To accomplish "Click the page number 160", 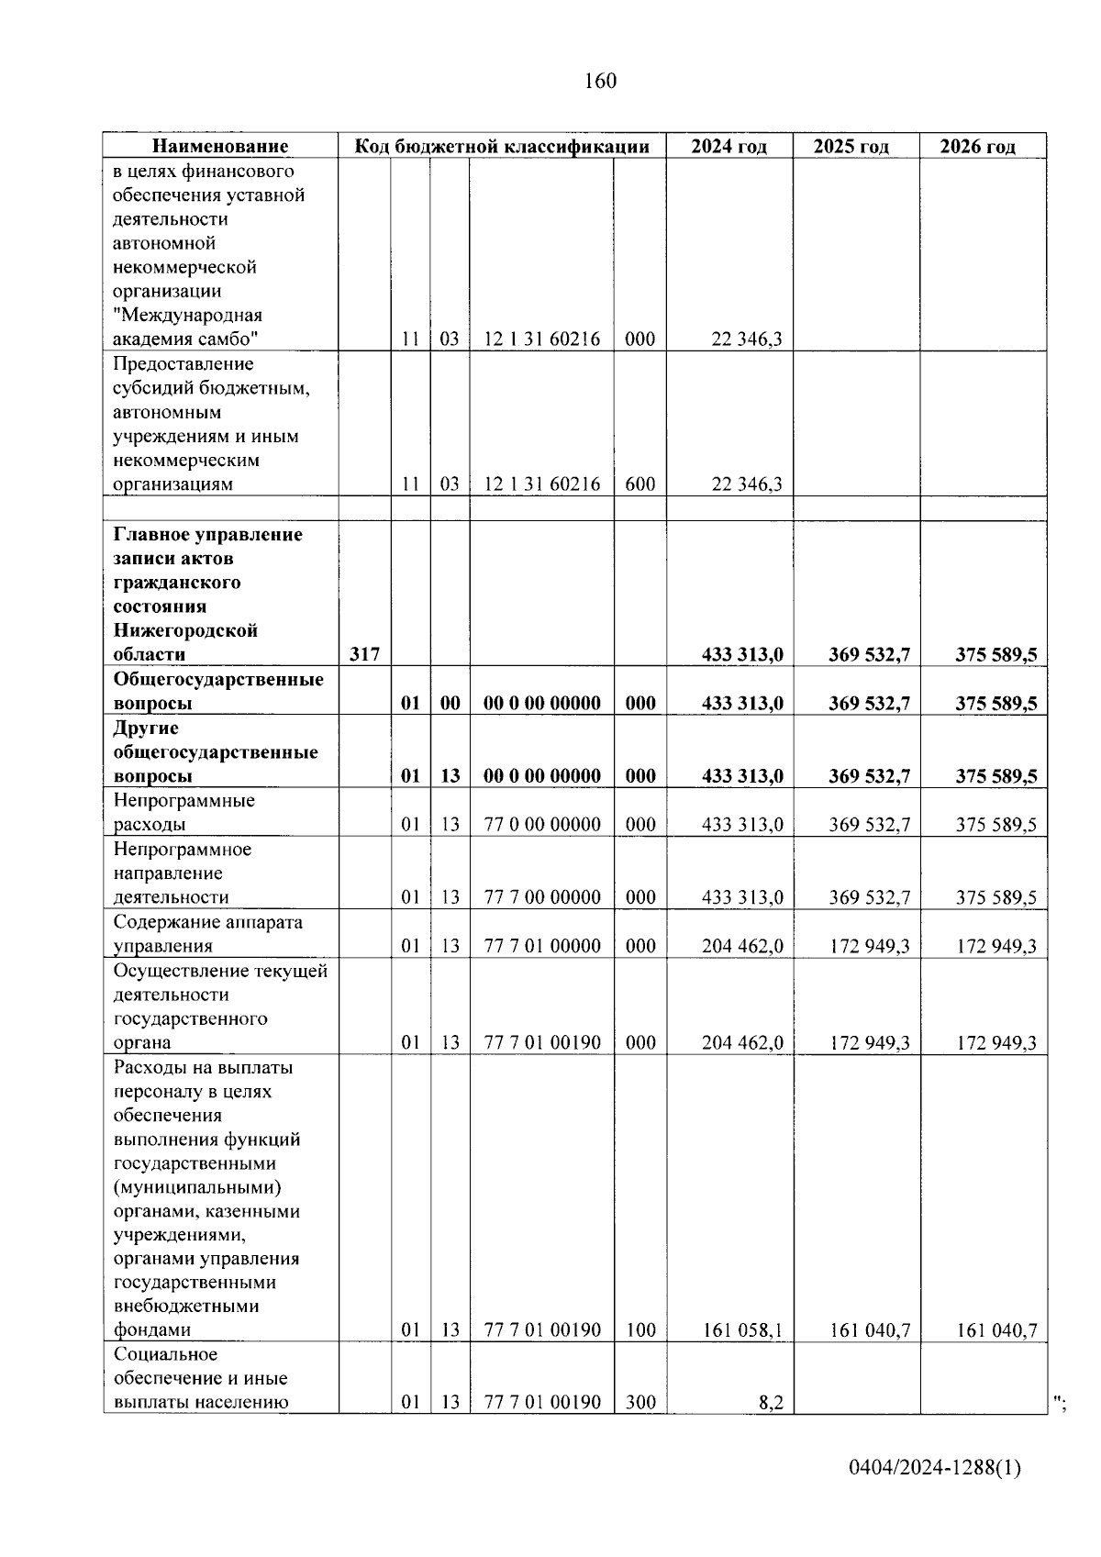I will click(600, 81).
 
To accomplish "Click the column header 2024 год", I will click(728, 147).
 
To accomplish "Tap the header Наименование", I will click(220, 147).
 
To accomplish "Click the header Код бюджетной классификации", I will click(502, 147).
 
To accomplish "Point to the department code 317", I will click(364, 654).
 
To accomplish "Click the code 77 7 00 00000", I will click(541, 897).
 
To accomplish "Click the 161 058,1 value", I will click(741, 1329).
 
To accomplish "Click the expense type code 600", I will click(639, 484).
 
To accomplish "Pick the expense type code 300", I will click(639, 1402).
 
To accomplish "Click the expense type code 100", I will click(639, 1329).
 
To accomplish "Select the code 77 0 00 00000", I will click(541, 824).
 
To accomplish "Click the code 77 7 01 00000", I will click(541, 946).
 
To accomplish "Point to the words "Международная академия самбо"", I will click(187, 328).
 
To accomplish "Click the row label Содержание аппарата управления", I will click(207, 934).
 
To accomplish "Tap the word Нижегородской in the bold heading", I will click(185, 630).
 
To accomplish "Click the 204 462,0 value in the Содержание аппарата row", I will click(741, 946).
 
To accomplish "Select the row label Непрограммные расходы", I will click(183, 812).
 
